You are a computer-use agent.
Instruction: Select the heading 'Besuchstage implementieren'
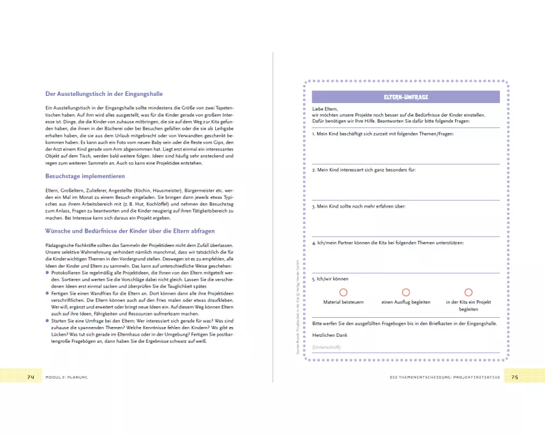click(85, 176)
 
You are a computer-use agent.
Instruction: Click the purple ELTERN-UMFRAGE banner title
click(405, 96)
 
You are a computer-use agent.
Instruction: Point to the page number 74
click(31, 377)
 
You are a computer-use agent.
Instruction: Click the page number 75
click(514, 377)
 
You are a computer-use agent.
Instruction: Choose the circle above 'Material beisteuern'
click(343, 293)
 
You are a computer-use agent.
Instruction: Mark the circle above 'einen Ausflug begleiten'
click(406, 293)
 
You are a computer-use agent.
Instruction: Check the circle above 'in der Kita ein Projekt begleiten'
click(468, 293)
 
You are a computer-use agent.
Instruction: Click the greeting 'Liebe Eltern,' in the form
click(325, 109)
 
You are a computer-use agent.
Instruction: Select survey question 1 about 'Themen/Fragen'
click(383, 134)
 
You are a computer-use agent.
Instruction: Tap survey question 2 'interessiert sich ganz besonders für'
click(364, 170)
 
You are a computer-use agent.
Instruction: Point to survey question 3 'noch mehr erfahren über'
click(359, 207)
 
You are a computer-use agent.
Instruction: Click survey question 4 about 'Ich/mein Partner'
click(387, 243)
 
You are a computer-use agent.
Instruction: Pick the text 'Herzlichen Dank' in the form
click(330, 335)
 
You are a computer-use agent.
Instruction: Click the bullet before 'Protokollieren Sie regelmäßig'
click(47, 271)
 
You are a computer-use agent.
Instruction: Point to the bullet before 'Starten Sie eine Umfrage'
click(47, 321)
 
